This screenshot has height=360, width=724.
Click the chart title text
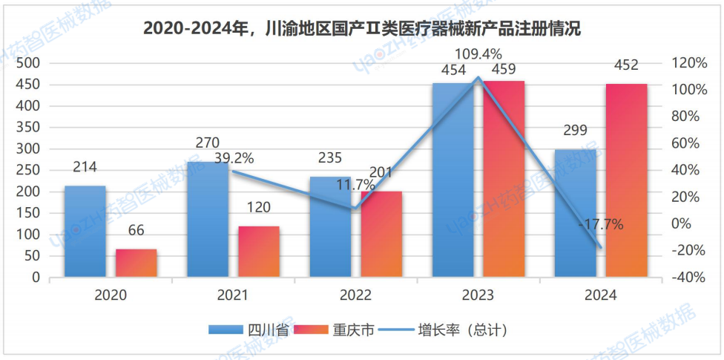point(361,29)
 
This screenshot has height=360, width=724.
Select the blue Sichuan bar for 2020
point(85,232)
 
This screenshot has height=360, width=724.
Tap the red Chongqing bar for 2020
point(136,264)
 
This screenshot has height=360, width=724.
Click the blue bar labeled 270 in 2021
point(207,220)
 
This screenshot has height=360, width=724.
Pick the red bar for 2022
point(381,235)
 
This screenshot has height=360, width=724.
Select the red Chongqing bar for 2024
point(627,181)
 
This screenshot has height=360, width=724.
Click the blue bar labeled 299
point(576,214)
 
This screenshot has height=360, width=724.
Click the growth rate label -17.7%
point(602,224)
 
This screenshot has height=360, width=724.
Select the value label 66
point(136,231)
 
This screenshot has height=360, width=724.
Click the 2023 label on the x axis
point(478,295)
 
